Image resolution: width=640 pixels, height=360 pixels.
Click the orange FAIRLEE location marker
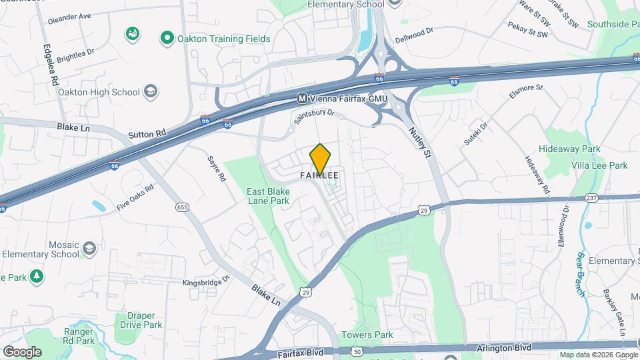click(320, 159)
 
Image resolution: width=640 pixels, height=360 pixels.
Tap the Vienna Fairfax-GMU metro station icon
click(302, 98)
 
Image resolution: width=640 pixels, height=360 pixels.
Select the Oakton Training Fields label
click(223, 39)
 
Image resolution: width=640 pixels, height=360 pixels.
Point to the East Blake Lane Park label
click(268, 195)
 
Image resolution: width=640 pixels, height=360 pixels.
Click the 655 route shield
click(182, 207)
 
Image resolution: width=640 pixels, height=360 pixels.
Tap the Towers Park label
click(367, 335)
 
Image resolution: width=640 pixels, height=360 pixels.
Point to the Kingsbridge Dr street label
click(206, 282)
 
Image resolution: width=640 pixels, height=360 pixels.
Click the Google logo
click(21, 351)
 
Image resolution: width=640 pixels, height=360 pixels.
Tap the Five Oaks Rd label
click(135, 197)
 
